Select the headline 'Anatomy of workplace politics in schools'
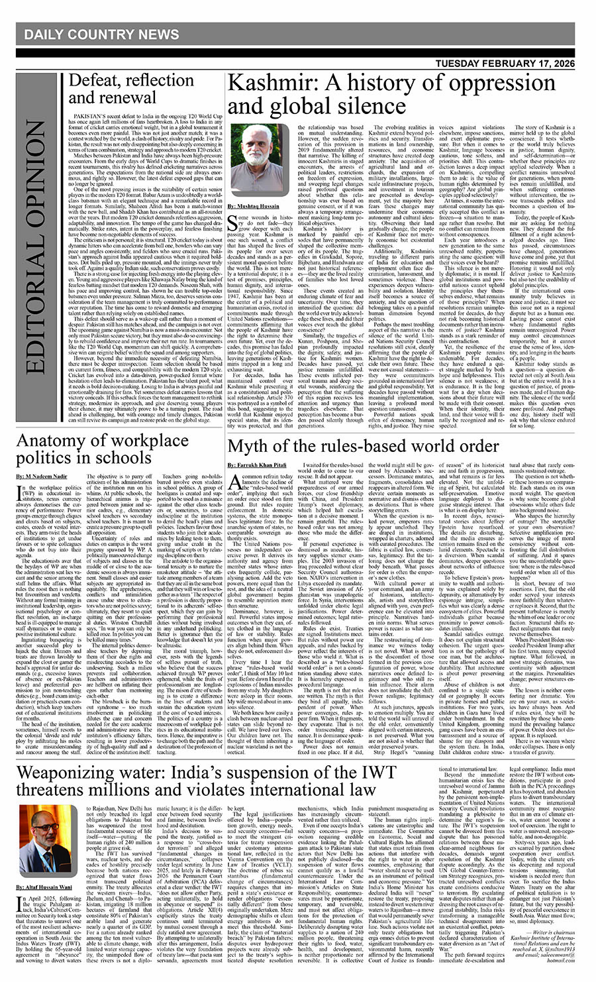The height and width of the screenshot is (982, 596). (x=103, y=449)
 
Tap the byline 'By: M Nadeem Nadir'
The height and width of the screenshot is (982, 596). (x=44, y=476)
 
